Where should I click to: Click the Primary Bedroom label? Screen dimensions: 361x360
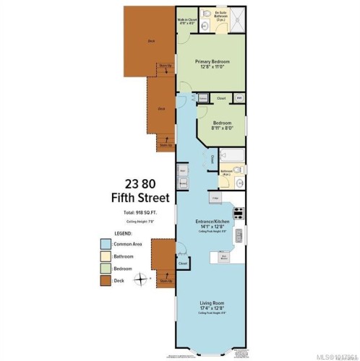tap(211, 64)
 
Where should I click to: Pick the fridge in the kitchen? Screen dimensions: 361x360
tap(215, 196)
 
